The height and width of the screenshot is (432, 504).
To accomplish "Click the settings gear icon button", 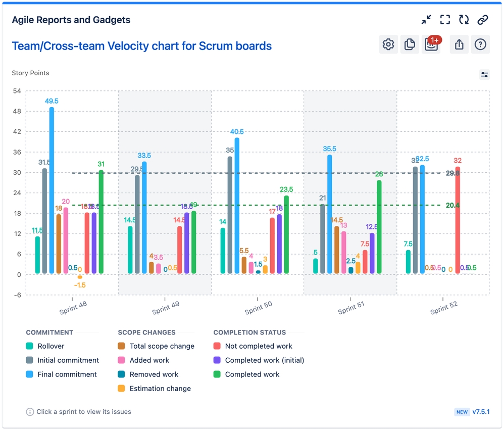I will [x=388, y=44].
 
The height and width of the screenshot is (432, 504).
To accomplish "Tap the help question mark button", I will [x=480, y=44].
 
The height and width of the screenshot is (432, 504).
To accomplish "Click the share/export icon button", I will [x=459, y=44].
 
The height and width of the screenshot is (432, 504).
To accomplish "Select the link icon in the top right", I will [x=483, y=20].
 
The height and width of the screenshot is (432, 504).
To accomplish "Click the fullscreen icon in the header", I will [x=445, y=20].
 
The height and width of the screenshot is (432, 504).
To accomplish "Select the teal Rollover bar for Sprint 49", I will [x=130, y=250].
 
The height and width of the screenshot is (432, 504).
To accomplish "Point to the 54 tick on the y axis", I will [x=17, y=91].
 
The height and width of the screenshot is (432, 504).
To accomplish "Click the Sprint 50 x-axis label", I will [x=259, y=307].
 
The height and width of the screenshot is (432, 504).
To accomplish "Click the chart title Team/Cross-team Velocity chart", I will [x=141, y=46].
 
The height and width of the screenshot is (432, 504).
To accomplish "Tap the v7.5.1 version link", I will [x=481, y=412].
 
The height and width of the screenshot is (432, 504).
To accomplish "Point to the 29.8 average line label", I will [x=453, y=173].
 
